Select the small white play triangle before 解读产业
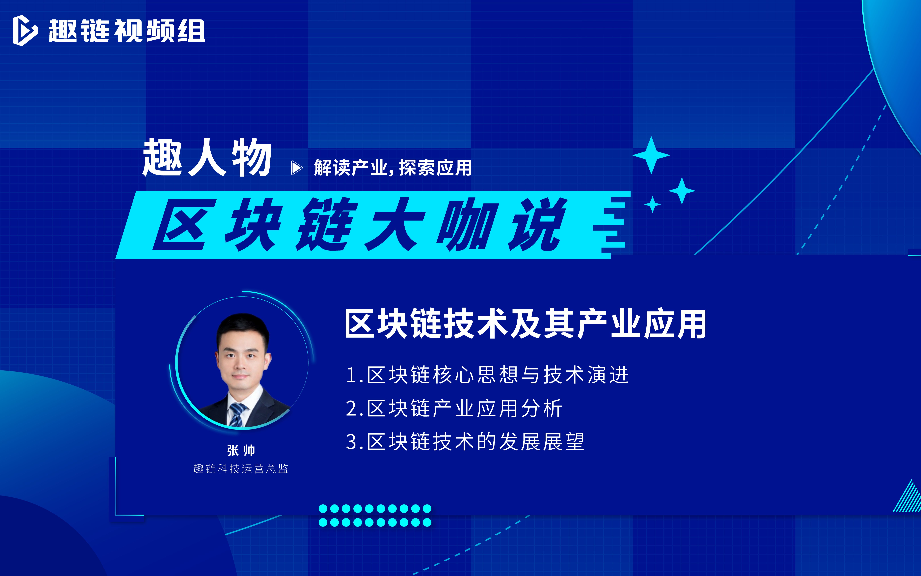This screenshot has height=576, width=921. click(296, 168)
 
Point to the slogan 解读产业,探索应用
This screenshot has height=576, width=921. click(393, 168)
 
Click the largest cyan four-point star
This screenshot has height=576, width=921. click(651, 155)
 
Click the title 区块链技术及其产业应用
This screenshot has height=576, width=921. click(525, 324)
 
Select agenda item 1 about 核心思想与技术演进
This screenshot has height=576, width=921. click(487, 375)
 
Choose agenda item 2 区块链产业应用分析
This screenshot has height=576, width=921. click(454, 408)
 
